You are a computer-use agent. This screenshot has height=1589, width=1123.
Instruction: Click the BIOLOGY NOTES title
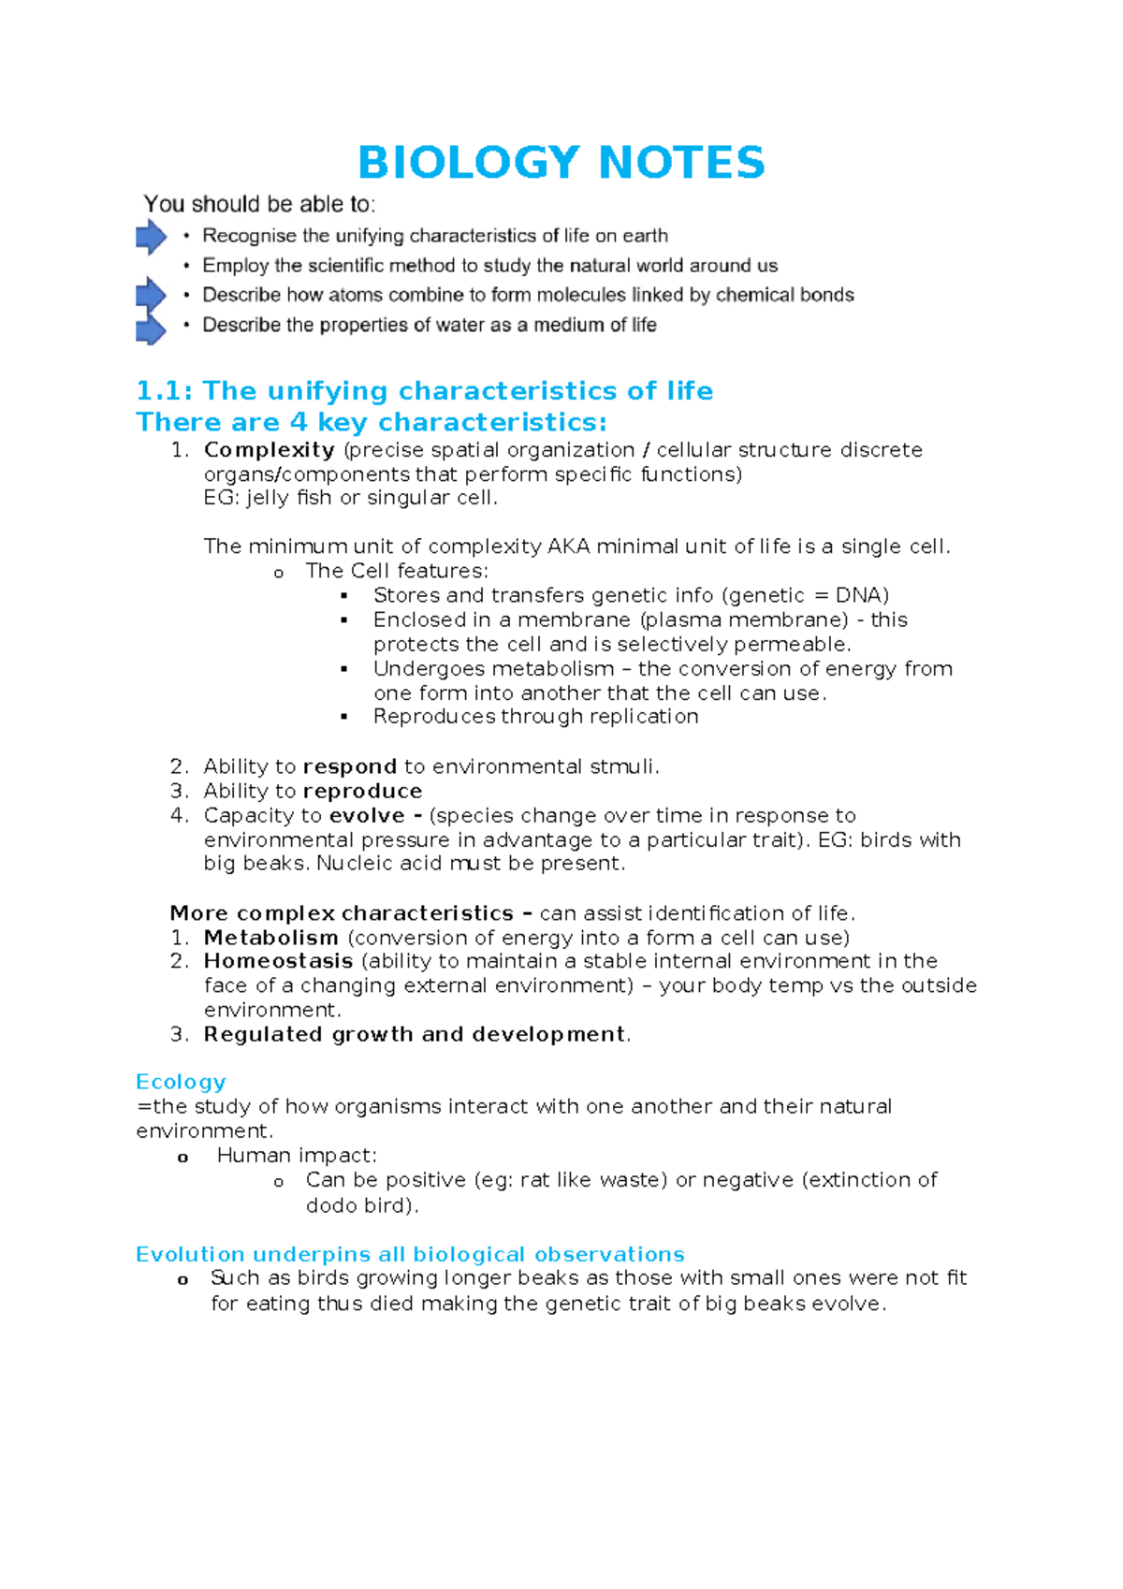pos(561,163)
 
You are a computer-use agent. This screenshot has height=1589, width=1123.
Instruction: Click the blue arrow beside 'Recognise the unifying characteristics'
pos(151,237)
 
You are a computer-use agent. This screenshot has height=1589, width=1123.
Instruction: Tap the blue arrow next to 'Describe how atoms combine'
pos(151,296)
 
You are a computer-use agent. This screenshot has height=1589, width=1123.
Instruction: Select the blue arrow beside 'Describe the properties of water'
pos(151,328)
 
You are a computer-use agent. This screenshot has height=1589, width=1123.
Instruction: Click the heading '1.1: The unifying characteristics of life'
pos(424,391)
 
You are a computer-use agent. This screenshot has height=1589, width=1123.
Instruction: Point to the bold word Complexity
pos(270,450)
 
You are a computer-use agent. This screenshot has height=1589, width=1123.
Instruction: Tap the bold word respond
pos(350,767)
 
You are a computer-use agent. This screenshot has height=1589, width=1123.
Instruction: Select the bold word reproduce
pos(362,792)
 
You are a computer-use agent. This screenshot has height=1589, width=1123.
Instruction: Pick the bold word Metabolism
pos(271,938)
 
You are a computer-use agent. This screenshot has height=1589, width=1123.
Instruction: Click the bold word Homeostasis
pos(278,961)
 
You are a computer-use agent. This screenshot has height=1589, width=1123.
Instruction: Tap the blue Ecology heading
pos(181,1082)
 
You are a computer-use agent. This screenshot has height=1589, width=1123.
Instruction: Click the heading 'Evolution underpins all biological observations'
pos(410,1254)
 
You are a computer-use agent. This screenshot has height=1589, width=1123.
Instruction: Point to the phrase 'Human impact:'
pos(297,1156)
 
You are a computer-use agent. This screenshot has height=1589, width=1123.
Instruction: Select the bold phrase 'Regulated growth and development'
pos(415,1034)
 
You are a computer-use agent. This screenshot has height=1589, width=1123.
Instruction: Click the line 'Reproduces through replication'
pos(535,717)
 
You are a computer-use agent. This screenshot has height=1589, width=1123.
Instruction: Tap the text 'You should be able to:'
pos(259,204)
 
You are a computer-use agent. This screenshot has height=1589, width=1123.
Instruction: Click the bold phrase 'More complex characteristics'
pos(342,913)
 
